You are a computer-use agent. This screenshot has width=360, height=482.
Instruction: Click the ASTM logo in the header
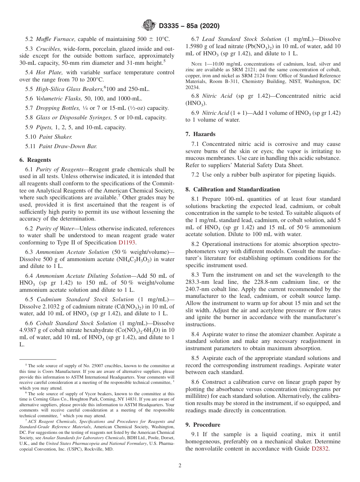(149, 25)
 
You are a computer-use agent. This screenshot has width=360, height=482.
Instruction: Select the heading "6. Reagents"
(35, 160)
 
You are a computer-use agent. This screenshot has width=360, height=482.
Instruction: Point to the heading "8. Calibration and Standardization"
(232, 189)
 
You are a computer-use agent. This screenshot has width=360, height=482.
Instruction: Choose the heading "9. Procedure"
(202, 425)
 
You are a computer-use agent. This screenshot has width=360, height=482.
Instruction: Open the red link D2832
(320, 449)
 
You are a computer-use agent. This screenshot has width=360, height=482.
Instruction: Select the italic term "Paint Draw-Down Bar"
(66, 146)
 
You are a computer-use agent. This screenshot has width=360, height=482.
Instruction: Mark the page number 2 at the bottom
(180, 466)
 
